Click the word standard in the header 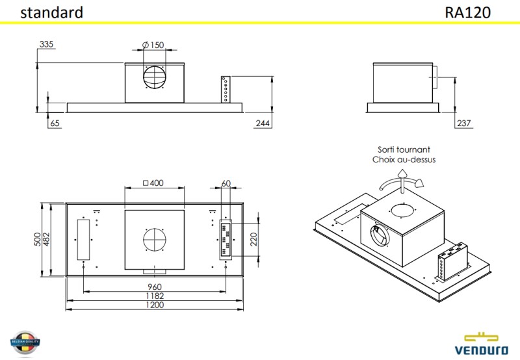tap(51, 12)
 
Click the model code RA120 tap(468, 12)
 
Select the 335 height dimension tap(46, 45)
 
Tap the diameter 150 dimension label tap(153, 45)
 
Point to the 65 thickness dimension tap(55, 123)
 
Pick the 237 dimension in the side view tap(463, 123)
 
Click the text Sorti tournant tap(404, 149)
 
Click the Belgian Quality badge tap(25, 342)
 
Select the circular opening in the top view tap(154, 239)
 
